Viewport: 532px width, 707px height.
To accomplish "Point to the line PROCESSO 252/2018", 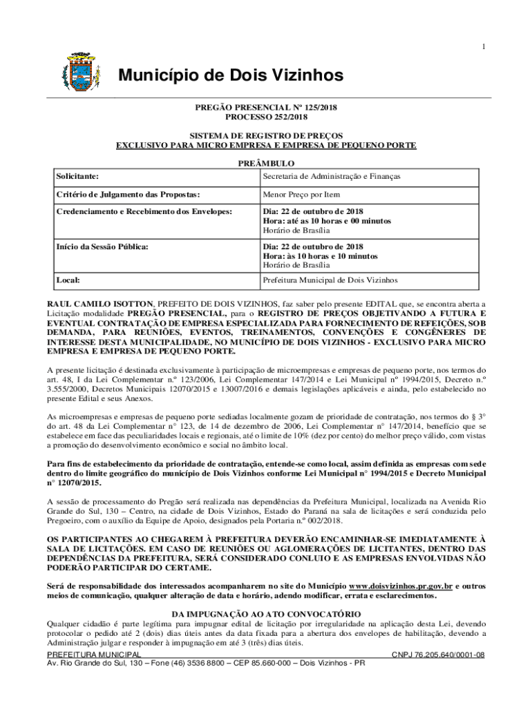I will pyautogui.click(x=265, y=118).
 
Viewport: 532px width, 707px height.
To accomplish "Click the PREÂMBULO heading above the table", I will pyautogui.click(x=266, y=164).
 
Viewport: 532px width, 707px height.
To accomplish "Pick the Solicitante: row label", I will pyautogui.click(x=77, y=177).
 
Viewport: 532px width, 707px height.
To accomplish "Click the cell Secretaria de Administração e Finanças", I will pyautogui.click(x=331, y=177).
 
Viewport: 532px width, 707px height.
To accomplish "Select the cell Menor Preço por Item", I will pyautogui.click(x=301, y=195).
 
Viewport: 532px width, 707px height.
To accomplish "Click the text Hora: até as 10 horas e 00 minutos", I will pyautogui.click(x=326, y=221).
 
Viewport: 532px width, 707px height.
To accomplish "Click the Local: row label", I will pyautogui.click(x=68, y=280).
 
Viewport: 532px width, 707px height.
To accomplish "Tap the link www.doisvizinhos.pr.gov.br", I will pyautogui.click(x=400, y=585).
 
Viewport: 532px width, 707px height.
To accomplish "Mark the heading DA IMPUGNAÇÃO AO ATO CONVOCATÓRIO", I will pyautogui.click(x=266, y=614).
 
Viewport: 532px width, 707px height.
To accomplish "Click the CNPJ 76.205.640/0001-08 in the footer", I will pyautogui.click(x=438, y=655).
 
